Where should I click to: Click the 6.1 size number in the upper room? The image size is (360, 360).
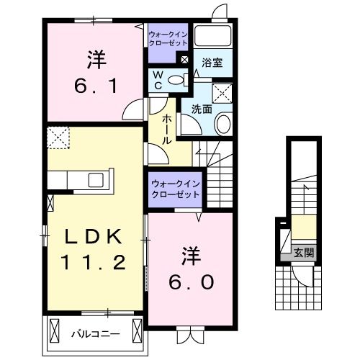[x=94, y=86]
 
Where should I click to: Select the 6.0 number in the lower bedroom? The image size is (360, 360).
[x=191, y=282]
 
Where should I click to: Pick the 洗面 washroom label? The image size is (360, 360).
[x=201, y=110]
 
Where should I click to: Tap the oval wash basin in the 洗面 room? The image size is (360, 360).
[x=222, y=124]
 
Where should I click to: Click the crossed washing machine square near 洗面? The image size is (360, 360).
[x=222, y=92]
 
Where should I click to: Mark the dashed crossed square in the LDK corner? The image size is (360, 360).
[x=57, y=135]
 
